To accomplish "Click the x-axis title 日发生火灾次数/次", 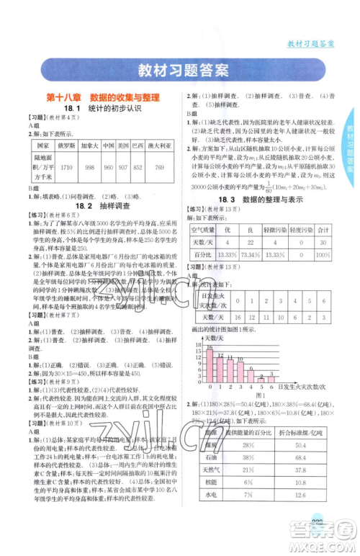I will pyautogui.click(x=305, y=388).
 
